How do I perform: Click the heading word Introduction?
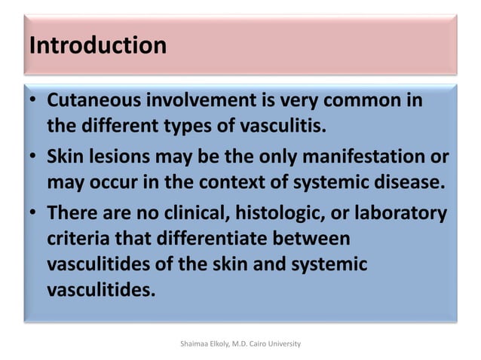click(x=97, y=45)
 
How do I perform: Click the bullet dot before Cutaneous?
click(x=34, y=102)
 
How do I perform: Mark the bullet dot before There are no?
click(x=34, y=216)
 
